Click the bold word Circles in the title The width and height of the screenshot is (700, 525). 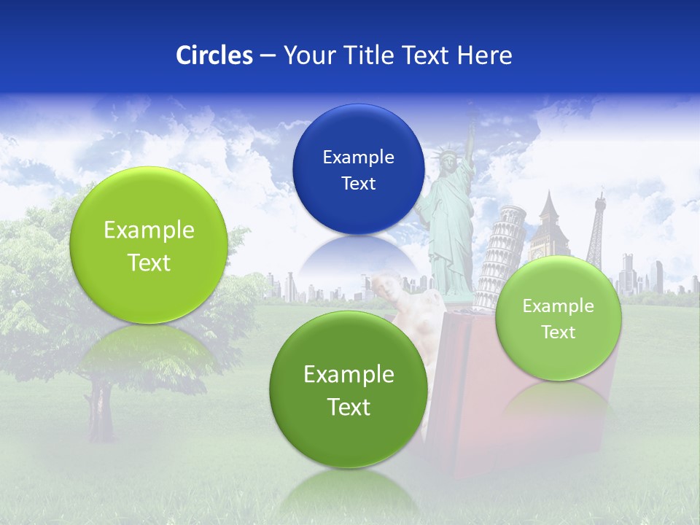[x=214, y=55]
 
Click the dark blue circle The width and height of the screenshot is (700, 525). [x=358, y=169]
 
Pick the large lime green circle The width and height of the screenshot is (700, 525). [x=149, y=245]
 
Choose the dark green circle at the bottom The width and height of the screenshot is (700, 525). [x=349, y=389]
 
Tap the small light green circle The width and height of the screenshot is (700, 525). [x=558, y=319]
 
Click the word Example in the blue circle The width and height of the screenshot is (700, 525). [x=358, y=157]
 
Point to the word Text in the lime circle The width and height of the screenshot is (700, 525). [x=149, y=262]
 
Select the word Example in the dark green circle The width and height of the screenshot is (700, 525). [x=349, y=374]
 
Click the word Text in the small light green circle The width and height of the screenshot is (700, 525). [x=559, y=332]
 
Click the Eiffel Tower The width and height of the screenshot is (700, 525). [x=597, y=230]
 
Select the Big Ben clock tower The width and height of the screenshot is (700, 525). [x=552, y=226]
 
